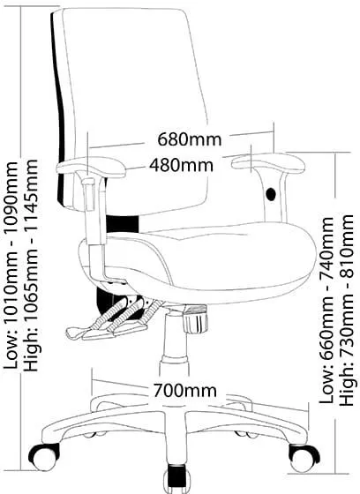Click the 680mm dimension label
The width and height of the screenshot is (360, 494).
(190, 139)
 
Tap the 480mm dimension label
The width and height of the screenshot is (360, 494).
(181, 165)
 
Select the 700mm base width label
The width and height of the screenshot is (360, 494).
(185, 390)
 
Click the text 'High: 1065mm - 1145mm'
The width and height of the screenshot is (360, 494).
(31, 266)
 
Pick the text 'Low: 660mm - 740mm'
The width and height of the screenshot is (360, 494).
(326, 310)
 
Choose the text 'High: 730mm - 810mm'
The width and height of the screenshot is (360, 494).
(347, 310)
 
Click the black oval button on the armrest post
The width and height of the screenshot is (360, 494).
(271, 194)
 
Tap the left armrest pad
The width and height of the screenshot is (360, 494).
(91, 167)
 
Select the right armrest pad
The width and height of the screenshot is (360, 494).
(268, 162)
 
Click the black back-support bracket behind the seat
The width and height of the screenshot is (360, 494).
(123, 224)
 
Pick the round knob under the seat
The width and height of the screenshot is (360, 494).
(196, 318)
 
